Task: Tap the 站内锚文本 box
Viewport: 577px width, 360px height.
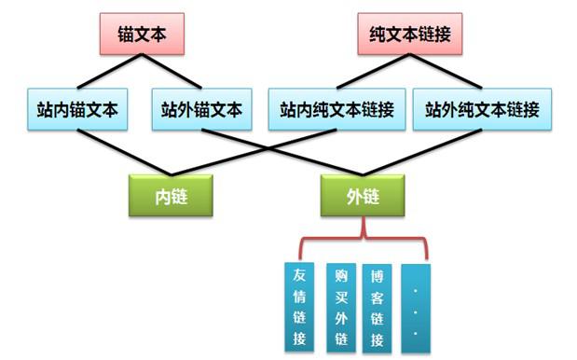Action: coord(73,110)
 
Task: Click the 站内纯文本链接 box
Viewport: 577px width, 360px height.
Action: coord(336,110)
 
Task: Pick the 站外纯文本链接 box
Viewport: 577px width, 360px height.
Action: coord(481,110)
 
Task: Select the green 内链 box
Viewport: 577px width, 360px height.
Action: coord(171,195)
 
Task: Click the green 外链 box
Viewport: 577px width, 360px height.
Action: coord(364,195)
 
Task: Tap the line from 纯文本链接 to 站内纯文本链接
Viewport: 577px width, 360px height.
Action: coord(371,72)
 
